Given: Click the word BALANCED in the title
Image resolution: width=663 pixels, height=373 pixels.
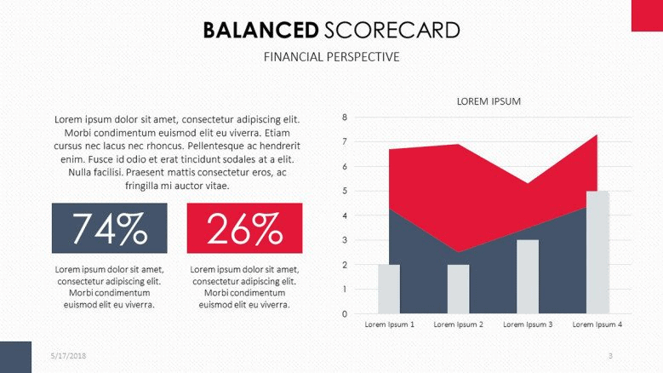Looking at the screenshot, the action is tap(260, 31).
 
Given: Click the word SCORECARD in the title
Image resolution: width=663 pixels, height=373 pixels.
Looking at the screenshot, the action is tap(392, 31).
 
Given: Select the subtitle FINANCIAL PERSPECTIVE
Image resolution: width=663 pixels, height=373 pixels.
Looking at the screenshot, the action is tap(332, 57).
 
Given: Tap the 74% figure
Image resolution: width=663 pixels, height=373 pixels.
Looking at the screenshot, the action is tap(110, 228).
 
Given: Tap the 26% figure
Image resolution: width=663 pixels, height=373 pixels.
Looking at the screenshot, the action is tap(244, 228).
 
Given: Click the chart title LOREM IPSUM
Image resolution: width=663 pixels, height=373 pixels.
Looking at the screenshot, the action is tap(489, 101).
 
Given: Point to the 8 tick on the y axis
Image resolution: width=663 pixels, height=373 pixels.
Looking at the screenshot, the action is tap(345, 118).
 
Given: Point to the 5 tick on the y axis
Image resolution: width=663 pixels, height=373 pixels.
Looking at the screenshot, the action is tap(345, 191).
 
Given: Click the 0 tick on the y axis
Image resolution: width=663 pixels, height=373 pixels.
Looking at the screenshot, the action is tap(345, 313).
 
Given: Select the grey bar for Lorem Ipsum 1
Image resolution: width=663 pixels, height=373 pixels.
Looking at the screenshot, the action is tap(389, 290).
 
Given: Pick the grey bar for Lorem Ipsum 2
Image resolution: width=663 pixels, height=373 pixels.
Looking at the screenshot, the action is tap(459, 290).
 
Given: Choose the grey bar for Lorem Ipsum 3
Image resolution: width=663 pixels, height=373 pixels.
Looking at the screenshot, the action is tap(528, 277).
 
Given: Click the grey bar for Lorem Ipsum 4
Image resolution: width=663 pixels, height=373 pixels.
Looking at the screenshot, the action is tap(597, 252).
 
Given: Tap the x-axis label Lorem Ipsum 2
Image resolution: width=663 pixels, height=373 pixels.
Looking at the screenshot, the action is tap(459, 324).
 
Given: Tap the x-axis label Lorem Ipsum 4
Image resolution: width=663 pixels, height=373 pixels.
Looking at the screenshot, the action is tap(597, 324).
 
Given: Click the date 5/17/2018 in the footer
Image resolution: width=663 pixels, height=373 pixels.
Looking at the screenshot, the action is tap(68, 356).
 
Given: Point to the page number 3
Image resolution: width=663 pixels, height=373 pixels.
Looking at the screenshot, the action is tap(610, 356).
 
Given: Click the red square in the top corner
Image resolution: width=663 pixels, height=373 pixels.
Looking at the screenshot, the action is tap(647, 15).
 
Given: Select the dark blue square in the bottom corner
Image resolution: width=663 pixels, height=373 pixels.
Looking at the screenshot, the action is tap(15, 357).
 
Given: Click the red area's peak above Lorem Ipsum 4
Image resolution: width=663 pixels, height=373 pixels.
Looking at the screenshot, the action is tap(597, 135).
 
